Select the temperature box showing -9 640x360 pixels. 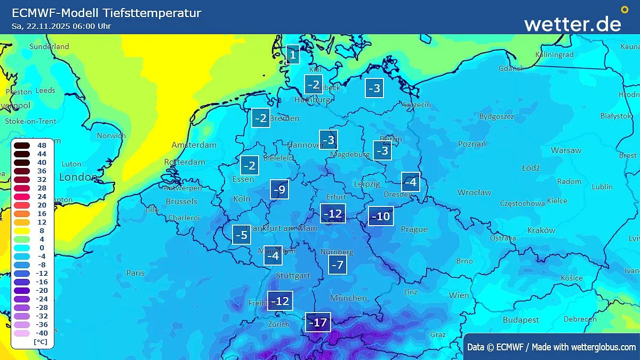[279, 189]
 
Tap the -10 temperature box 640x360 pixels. [381, 216]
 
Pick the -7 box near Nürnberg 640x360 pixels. [337, 265]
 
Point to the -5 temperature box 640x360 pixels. [242, 235]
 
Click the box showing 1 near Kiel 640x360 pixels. [292, 54]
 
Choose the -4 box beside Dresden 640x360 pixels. [410, 182]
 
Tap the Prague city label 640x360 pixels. [414, 229]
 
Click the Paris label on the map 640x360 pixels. [135, 273]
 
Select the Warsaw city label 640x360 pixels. [566, 150]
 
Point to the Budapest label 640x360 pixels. [521, 320]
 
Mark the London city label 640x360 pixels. [78, 177]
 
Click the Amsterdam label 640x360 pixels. [194, 145]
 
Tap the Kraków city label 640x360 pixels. [541, 230]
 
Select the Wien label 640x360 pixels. [459, 295]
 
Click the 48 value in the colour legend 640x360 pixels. [42, 145]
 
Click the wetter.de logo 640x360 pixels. [573, 23]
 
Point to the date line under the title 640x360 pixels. [62, 26]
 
